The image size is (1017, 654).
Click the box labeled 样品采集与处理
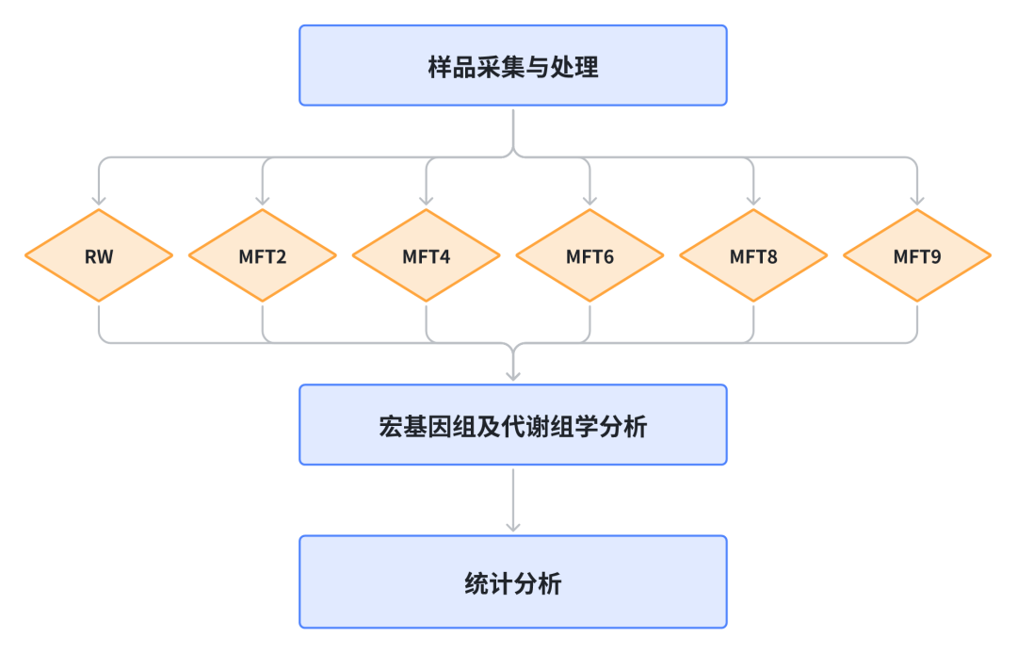click(x=512, y=65)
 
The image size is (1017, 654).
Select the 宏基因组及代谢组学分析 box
click(x=512, y=425)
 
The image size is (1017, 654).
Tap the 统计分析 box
click(x=512, y=581)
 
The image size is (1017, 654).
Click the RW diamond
click(x=99, y=255)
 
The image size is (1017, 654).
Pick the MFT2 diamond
click(x=263, y=255)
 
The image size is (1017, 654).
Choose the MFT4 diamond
click(x=426, y=255)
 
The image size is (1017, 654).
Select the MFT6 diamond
click(x=589, y=255)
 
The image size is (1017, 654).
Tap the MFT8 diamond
click(x=753, y=255)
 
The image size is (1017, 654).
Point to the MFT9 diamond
click(x=916, y=255)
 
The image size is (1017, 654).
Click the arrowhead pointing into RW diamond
click(x=99, y=200)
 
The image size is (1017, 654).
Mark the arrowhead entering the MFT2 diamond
click(x=263, y=200)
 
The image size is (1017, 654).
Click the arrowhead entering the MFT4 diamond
click(x=426, y=200)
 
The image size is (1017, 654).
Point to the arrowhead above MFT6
click(x=589, y=200)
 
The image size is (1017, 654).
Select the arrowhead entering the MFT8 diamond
click(x=753, y=200)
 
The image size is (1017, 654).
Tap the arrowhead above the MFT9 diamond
click(x=916, y=200)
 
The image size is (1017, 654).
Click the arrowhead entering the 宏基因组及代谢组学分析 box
click(x=512, y=375)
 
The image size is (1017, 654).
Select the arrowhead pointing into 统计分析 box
click(x=512, y=526)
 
